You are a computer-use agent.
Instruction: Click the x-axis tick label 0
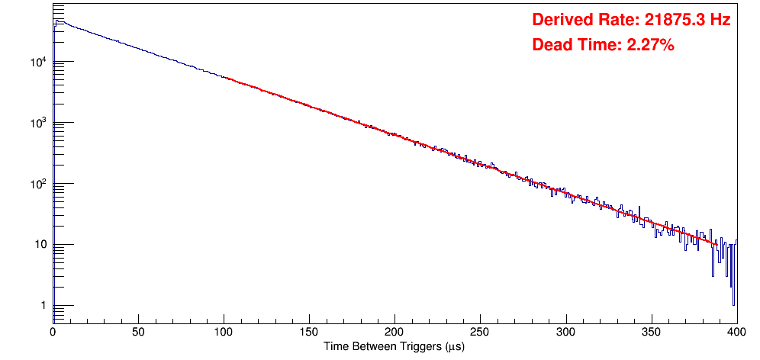tap(53, 333)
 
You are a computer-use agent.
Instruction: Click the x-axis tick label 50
tap(138, 333)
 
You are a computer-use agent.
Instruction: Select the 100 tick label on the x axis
tap(224, 333)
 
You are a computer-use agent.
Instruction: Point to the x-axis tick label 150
tap(309, 333)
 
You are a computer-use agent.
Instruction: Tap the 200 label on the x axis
tap(394, 333)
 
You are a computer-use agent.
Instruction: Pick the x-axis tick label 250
tap(480, 333)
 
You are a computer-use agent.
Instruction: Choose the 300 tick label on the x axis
tap(565, 333)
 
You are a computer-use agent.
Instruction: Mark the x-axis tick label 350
tap(651, 333)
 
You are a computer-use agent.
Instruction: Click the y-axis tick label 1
tap(43, 306)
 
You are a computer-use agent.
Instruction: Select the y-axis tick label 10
tap(40, 245)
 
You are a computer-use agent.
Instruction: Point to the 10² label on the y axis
tap(39, 184)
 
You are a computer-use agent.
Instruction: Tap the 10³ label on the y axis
tap(39, 123)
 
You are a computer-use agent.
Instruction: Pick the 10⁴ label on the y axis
tap(39, 62)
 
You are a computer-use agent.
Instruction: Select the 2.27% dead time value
tap(650, 46)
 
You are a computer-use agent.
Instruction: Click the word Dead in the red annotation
tap(550, 46)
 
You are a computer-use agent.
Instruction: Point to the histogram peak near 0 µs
tap(59, 21)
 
